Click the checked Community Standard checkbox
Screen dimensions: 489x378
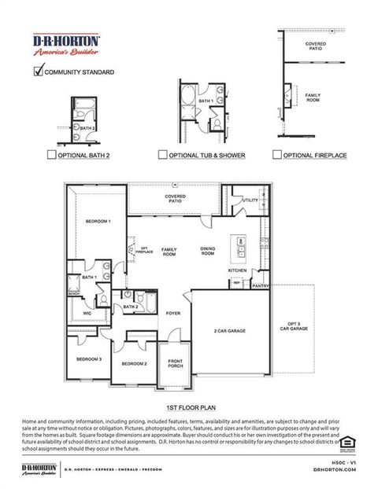pos(38,72)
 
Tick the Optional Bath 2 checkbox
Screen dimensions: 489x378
pos(51,156)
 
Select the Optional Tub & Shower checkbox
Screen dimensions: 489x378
pos(163,156)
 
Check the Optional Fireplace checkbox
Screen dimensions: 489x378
pos(276,156)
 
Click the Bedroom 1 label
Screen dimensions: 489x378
pos(98,222)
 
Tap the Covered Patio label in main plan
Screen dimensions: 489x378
pos(175,198)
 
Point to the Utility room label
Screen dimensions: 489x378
pos(250,200)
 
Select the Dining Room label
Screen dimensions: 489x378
pos(207,252)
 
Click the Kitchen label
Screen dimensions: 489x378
pos(237,270)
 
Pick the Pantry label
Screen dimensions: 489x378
pos(261,286)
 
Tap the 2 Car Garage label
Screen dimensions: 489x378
pos(231,331)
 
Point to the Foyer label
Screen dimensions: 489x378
pos(173,313)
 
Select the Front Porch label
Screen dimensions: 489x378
pos(175,363)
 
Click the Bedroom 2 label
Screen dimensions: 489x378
pos(134,364)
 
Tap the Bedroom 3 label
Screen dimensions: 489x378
pos(88,358)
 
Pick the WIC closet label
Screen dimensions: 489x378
pos(87,313)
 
